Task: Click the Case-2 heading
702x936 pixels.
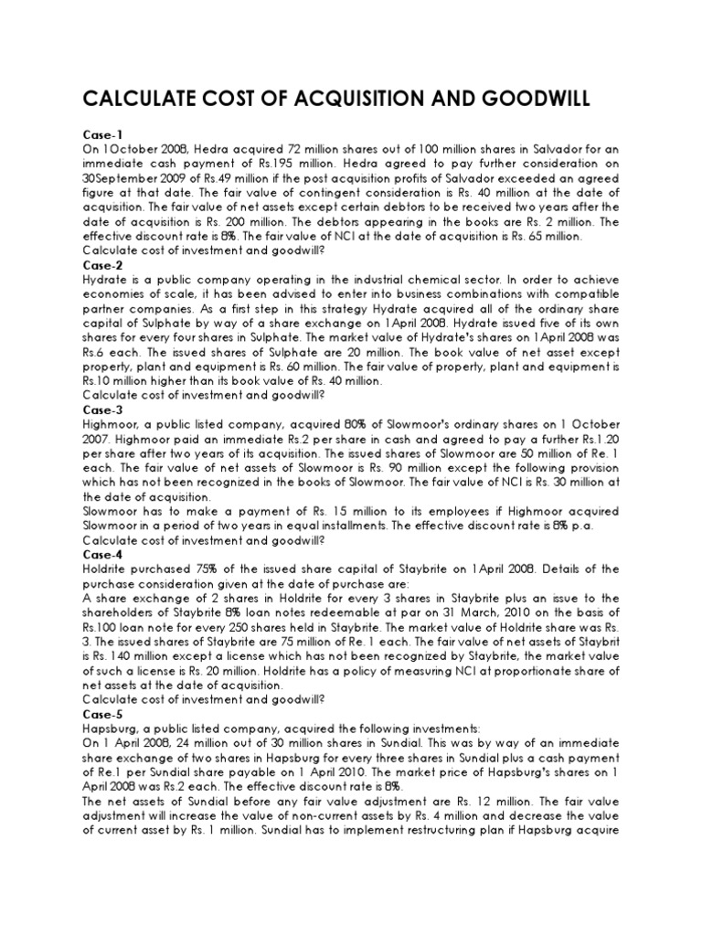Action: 103,264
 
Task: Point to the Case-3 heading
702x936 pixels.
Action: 103,411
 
